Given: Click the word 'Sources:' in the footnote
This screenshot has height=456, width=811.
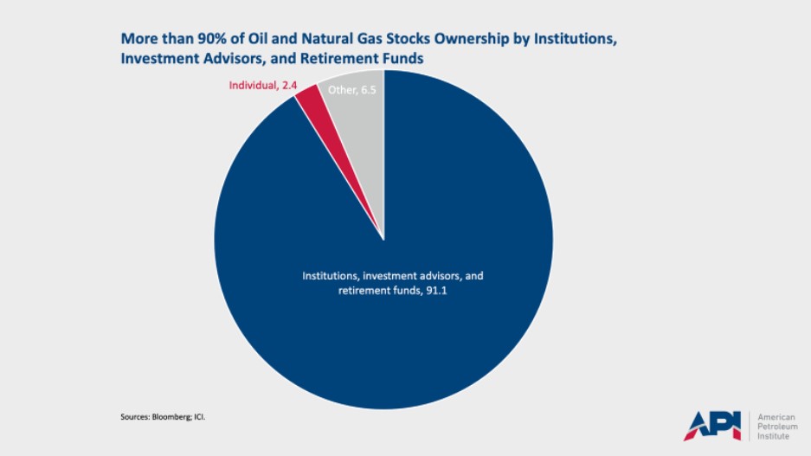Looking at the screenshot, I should pos(135,416).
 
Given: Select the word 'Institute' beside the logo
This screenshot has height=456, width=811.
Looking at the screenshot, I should pos(776,435).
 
